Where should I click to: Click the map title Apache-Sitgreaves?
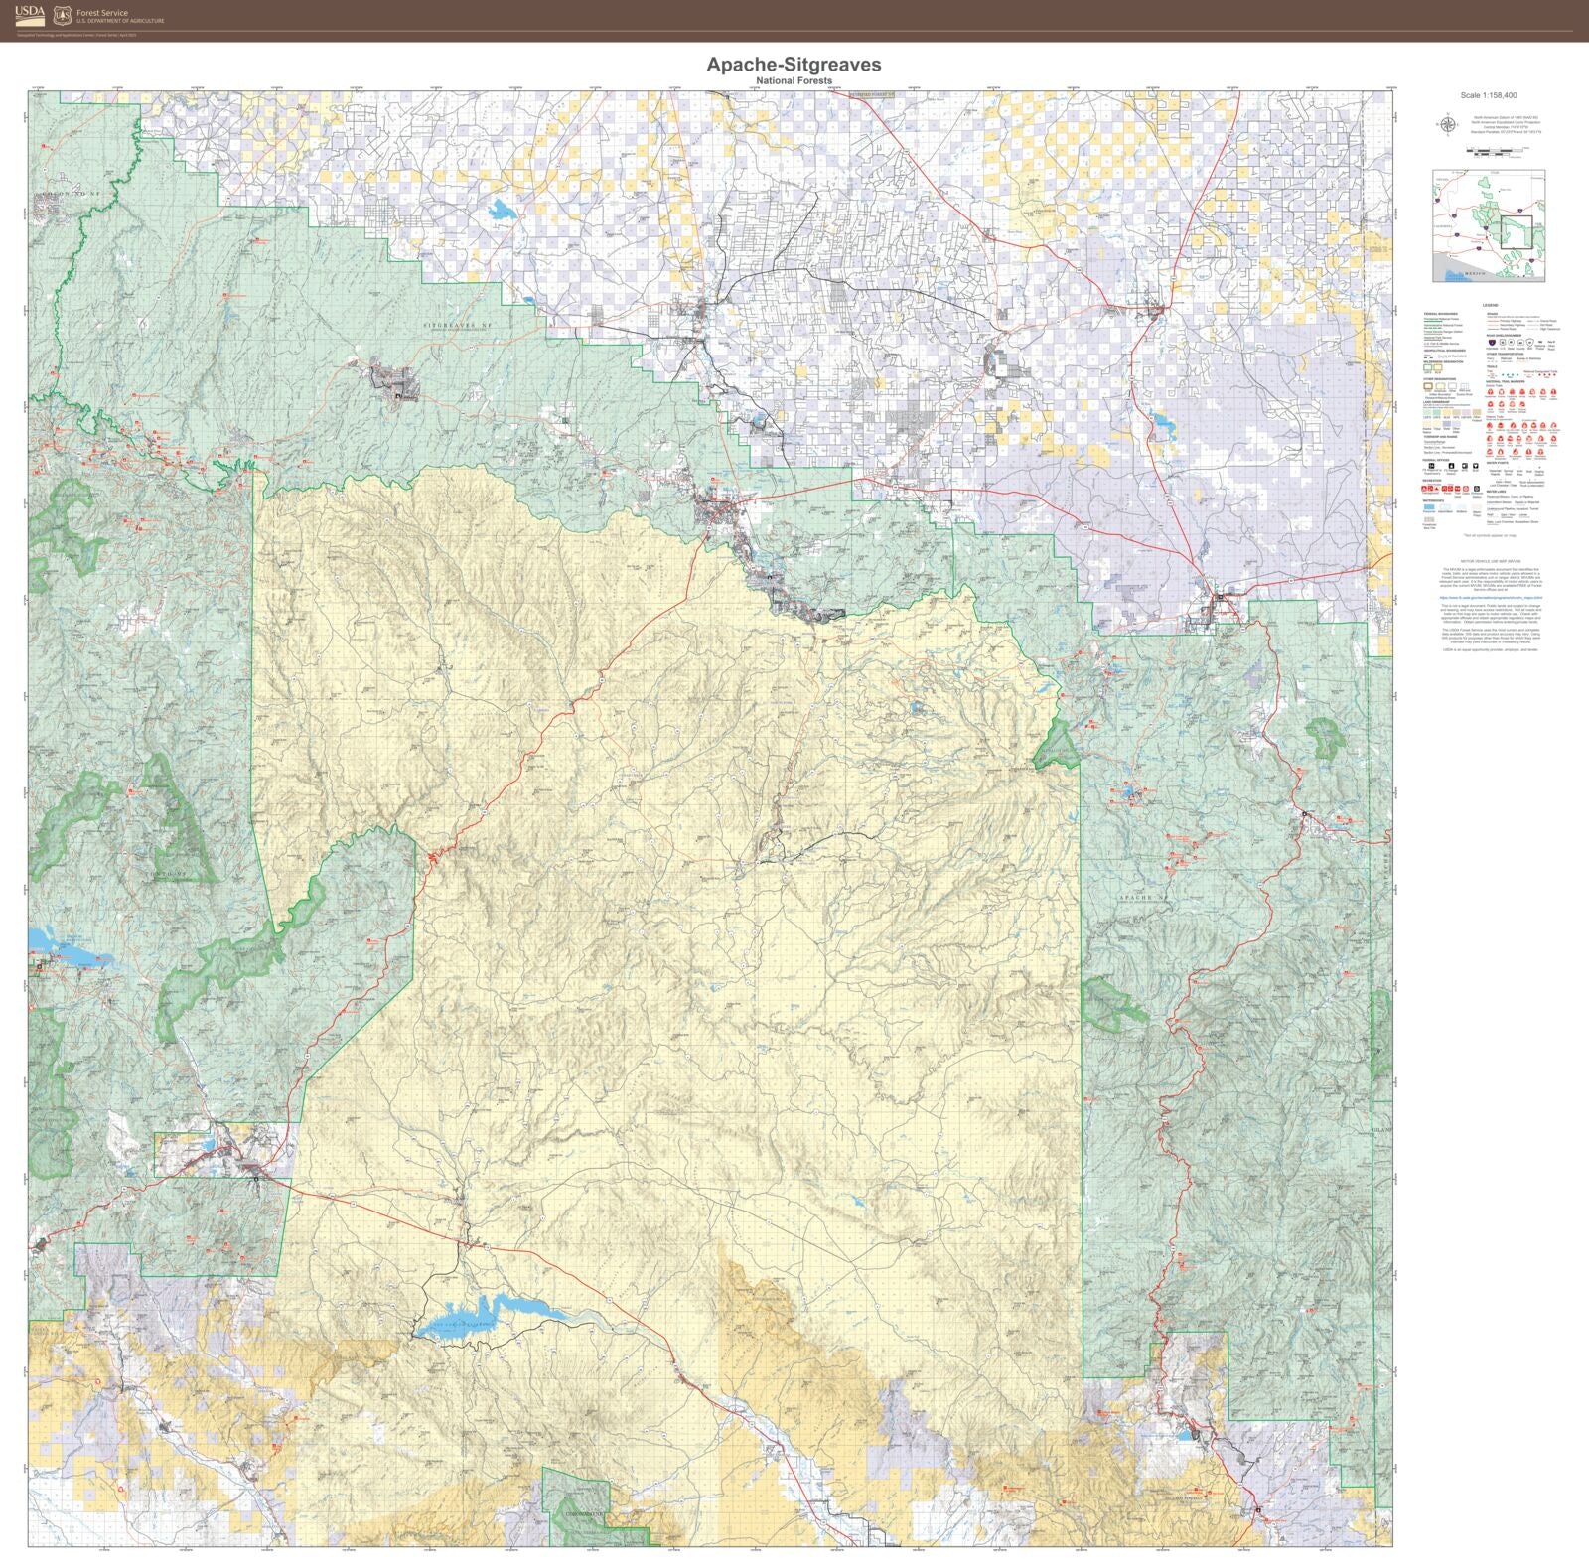pyautogui.click(x=794, y=64)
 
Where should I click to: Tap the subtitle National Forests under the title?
pyautogui.click(x=794, y=80)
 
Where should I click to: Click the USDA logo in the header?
pyautogui.click(x=30, y=13)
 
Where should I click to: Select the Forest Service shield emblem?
pyautogui.click(x=63, y=14)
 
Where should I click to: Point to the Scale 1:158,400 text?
pyautogui.click(x=1488, y=96)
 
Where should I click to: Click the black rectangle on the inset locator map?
pyautogui.click(x=1516, y=231)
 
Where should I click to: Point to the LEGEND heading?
pyautogui.click(x=1489, y=305)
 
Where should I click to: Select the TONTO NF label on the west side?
pyautogui.click(x=171, y=872)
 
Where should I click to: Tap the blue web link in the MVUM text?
pyautogui.click(x=1487, y=598)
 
